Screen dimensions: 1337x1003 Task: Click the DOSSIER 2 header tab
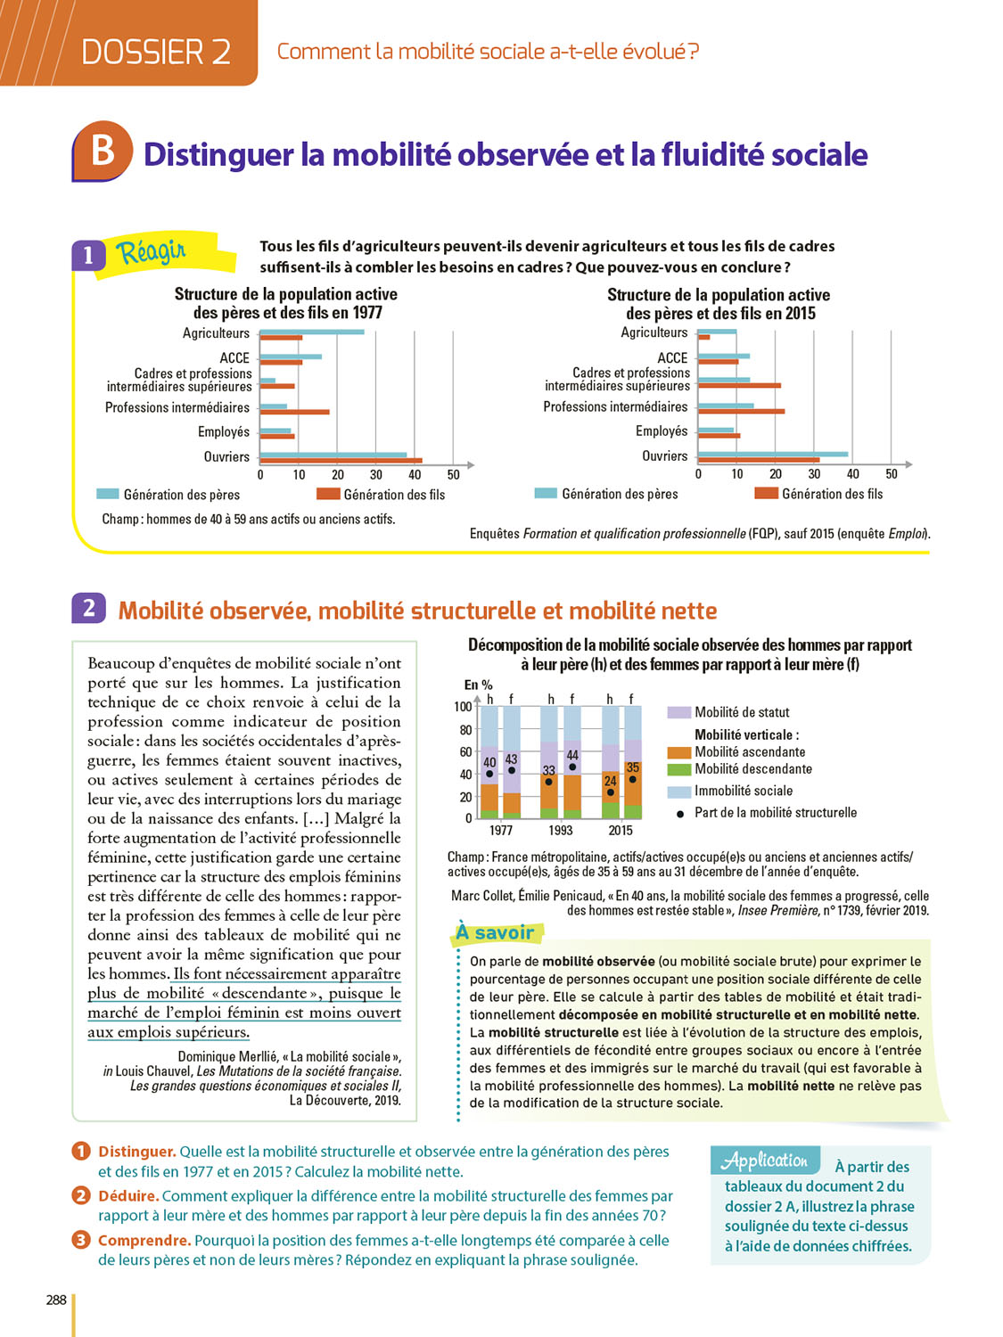point(156,52)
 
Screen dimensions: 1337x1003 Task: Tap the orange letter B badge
point(103,150)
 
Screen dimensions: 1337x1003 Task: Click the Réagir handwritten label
point(152,252)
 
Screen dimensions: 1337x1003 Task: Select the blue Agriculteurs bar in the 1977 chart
point(312,332)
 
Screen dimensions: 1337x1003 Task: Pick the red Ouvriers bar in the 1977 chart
point(341,461)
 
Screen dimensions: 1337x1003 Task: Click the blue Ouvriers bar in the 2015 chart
point(773,454)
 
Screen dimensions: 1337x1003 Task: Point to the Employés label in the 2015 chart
point(662,431)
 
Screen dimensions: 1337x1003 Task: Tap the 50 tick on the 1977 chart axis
point(453,475)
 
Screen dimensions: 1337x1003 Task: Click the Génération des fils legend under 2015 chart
point(831,494)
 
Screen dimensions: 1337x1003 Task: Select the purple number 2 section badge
point(88,608)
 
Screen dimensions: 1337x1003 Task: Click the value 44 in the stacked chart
point(572,755)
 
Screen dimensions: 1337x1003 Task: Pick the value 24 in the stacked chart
point(610,781)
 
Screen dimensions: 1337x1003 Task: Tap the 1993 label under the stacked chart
point(561,831)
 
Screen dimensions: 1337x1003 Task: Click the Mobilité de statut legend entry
point(742,712)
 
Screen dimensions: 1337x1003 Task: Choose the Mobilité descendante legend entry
point(752,769)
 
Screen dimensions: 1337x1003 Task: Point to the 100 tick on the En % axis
point(463,707)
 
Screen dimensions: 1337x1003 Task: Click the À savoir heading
point(496,932)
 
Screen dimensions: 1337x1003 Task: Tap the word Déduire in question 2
point(128,1196)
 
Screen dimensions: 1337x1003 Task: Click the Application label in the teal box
point(765,1161)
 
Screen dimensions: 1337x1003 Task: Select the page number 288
point(56,1300)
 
